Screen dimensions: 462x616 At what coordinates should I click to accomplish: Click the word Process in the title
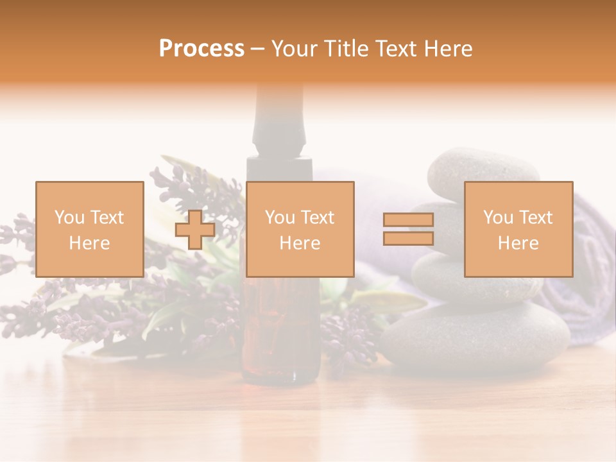point(201,49)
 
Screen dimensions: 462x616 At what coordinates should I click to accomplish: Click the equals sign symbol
point(408,229)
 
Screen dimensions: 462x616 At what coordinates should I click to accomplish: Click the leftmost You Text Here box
point(90,230)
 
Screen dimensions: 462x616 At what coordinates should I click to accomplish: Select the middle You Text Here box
point(300,230)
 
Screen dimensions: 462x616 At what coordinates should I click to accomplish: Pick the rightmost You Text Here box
point(518,230)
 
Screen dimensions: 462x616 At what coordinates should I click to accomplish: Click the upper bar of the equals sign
point(408,220)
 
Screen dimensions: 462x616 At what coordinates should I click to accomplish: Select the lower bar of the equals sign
point(408,239)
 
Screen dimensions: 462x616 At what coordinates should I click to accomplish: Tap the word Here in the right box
point(518,243)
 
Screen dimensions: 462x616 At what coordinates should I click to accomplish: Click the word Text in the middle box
point(318,218)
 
